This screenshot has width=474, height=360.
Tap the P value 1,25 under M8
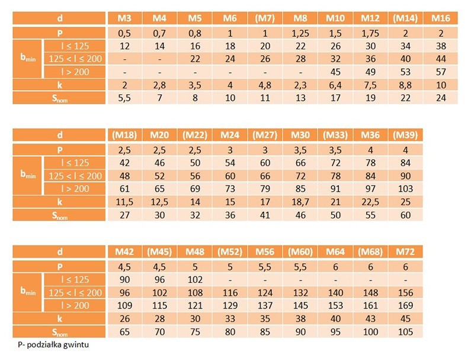click(300, 33)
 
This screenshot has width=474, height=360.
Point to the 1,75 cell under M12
click(371, 33)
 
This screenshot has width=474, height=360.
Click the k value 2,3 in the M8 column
click(300, 85)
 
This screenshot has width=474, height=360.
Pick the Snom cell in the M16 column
click(441, 98)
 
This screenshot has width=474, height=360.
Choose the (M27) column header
click(265, 136)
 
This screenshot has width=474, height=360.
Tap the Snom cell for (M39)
click(406, 215)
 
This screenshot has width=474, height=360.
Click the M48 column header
click(194, 253)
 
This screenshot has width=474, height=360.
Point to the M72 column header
click(406, 253)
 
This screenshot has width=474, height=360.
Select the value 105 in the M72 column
click(406, 331)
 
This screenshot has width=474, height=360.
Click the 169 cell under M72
click(406, 305)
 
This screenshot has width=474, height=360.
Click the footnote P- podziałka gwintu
click(53, 343)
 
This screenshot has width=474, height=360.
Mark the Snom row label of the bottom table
click(59, 331)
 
